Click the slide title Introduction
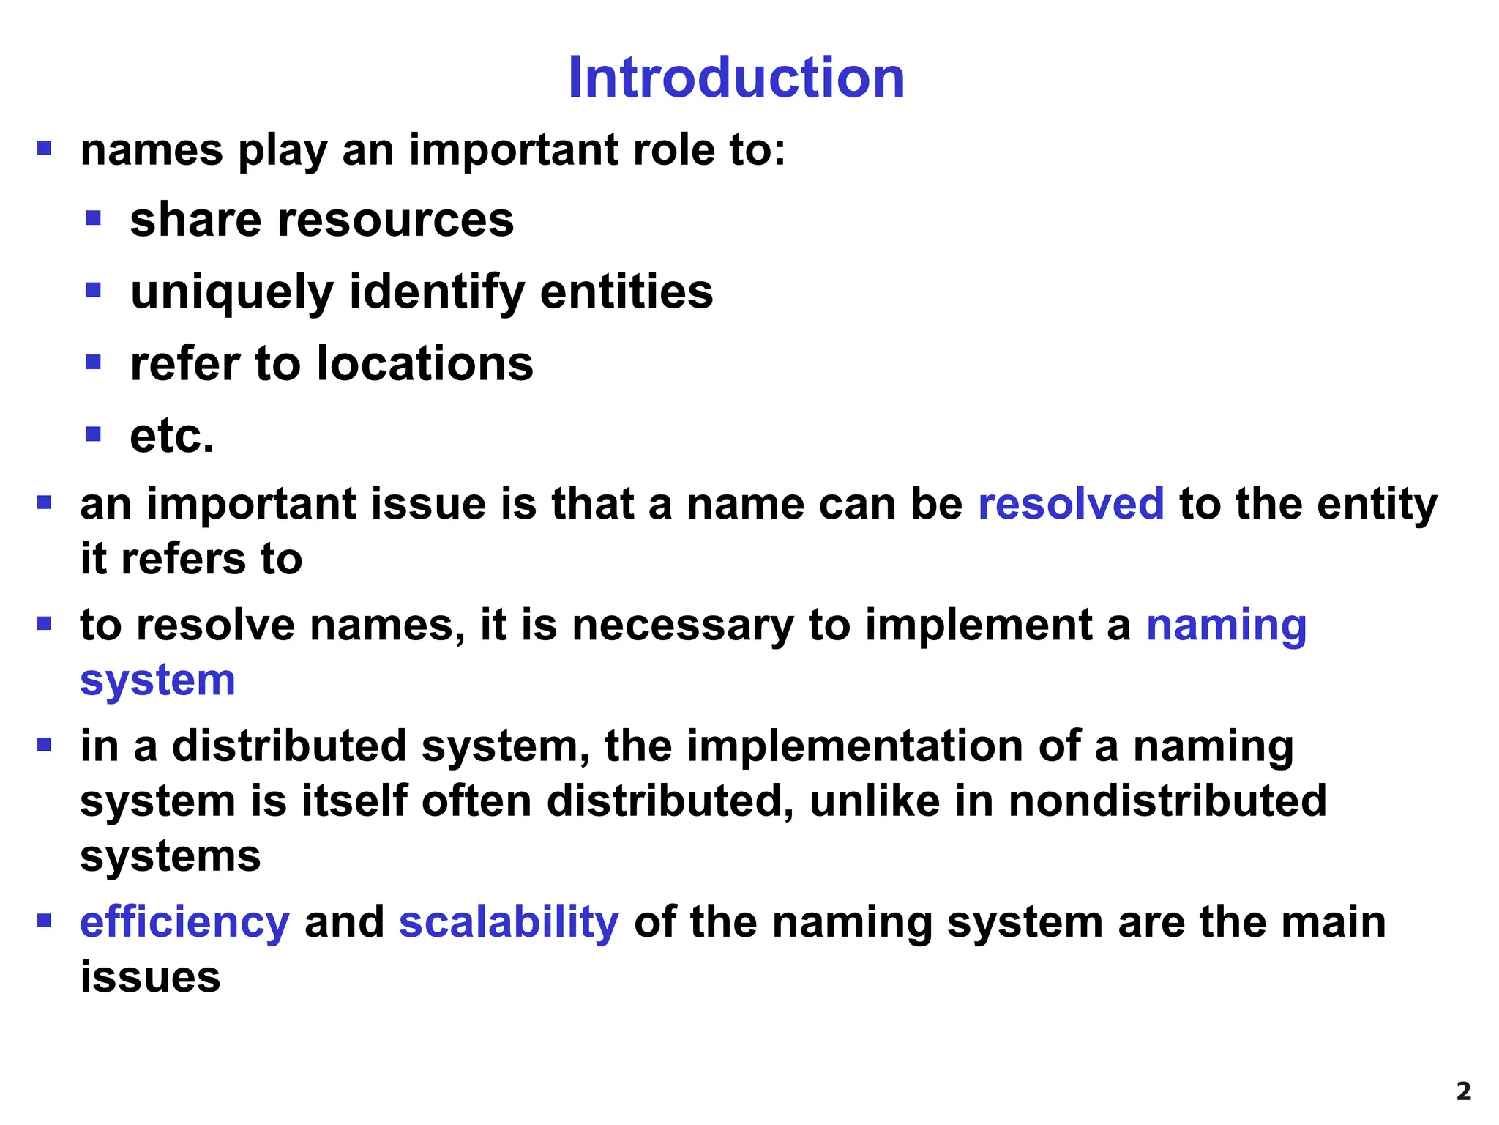pos(736,78)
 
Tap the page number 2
pos(1463,1092)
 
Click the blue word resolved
pos(1070,504)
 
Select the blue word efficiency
pos(184,922)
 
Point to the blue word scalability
pos(509,922)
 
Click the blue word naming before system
pos(1226,625)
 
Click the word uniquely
pos(232,292)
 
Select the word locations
pos(425,364)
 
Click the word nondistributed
pos(1167,801)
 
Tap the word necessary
pos(682,625)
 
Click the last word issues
pos(150,977)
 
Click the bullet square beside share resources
pos(93,218)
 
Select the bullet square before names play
pos(44,149)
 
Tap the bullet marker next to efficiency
pos(44,921)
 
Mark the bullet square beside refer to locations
pos(93,362)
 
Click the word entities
pos(626,292)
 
